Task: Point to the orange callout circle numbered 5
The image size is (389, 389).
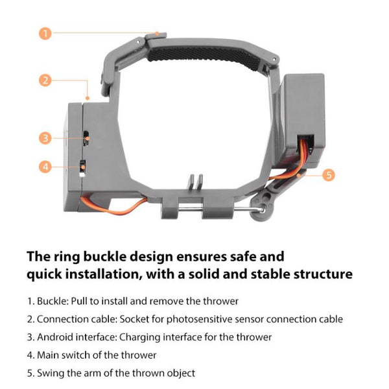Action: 328,174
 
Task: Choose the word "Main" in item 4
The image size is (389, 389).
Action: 49,355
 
